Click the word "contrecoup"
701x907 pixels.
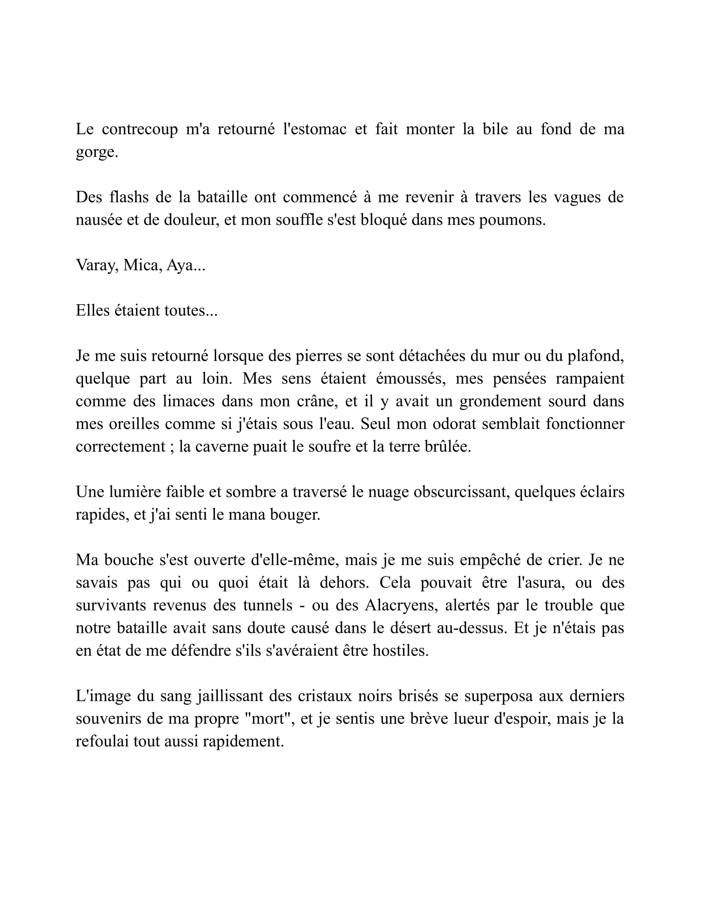tap(139, 129)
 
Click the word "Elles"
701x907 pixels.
tap(92, 310)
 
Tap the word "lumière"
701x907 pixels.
tap(134, 492)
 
